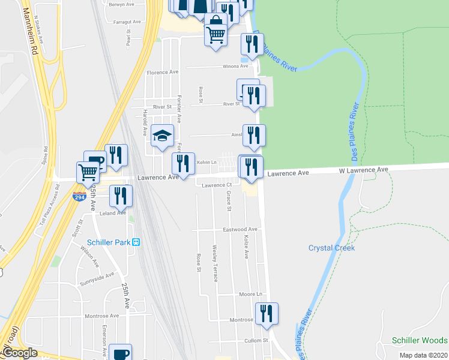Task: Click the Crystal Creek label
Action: coord(331,248)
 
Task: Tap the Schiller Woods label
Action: coord(420,340)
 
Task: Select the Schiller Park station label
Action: coord(114,242)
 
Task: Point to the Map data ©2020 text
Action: coord(423,355)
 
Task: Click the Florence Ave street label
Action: coord(163,72)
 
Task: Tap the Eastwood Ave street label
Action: coord(240,229)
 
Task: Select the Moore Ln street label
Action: coord(252,295)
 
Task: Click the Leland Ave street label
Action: coord(113,212)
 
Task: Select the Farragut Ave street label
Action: coord(127,22)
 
